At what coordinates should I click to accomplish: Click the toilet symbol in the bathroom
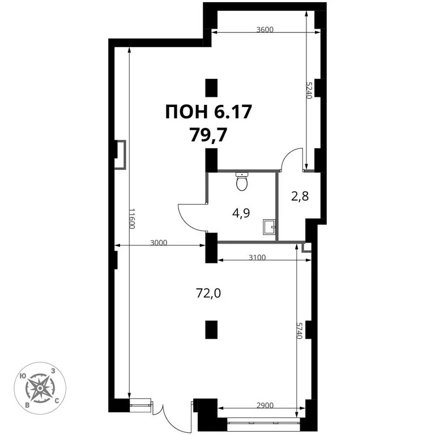click(242, 181)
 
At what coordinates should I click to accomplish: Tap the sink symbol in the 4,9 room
click(269, 227)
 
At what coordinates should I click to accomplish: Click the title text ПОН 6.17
click(208, 112)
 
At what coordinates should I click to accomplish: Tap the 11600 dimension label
click(131, 218)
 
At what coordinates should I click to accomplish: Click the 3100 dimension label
click(256, 258)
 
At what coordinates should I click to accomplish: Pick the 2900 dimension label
click(265, 406)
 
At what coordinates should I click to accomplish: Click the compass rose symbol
click(41, 388)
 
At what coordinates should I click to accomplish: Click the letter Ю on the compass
click(22, 376)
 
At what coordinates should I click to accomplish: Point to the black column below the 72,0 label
click(211, 329)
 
